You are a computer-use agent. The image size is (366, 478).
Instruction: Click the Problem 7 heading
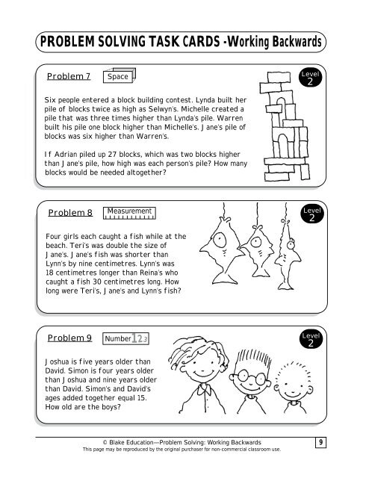pyautogui.click(x=69, y=76)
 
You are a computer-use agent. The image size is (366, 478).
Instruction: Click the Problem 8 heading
pyautogui.click(x=70, y=213)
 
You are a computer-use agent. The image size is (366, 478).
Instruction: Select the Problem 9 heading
pyautogui.click(x=69, y=338)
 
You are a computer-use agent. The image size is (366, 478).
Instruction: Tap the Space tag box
pyautogui.click(x=120, y=76)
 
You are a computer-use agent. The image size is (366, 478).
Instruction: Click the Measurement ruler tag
pyautogui.click(x=130, y=214)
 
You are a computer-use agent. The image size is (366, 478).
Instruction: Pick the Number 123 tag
pyautogui.click(x=129, y=339)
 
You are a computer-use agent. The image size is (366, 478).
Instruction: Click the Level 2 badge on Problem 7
pyautogui.click(x=311, y=78)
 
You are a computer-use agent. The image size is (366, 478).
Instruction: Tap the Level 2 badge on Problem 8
pyautogui.click(x=311, y=215)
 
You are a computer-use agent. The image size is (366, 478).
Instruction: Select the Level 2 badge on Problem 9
pyautogui.click(x=311, y=341)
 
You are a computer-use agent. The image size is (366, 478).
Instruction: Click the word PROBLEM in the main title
pyautogui.click(x=65, y=41)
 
